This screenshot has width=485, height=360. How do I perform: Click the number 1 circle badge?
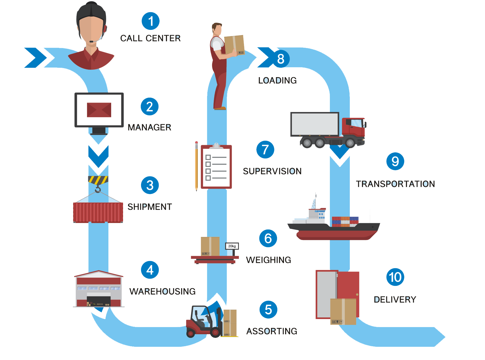coord(150,21)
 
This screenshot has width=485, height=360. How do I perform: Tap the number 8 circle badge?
coord(281,59)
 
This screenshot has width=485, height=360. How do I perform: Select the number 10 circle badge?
coord(395,277)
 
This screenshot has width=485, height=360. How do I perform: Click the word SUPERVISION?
coord(272,171)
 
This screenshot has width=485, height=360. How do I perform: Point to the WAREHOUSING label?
coord(162,291)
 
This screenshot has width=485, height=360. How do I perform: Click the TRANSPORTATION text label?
coord(395,184)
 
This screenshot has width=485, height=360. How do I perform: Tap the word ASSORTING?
coord(272,331)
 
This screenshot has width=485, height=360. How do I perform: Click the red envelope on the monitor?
coord(99,110)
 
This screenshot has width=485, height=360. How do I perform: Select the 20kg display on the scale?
coord(232,246)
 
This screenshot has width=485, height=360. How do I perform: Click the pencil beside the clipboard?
coord(196,166)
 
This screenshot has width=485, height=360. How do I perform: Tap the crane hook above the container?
coord(98,189)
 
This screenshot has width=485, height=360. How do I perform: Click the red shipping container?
coord(98,212)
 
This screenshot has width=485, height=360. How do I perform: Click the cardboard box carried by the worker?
coord(234,45)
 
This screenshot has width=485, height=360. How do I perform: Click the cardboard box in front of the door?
coord(343,311)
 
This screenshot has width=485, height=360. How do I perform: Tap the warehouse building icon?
coord(98,289)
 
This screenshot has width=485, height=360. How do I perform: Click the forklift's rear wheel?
coord(191,333)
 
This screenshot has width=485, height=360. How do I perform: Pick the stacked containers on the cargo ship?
coord(345,221)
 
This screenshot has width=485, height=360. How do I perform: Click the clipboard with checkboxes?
coord(216,167)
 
